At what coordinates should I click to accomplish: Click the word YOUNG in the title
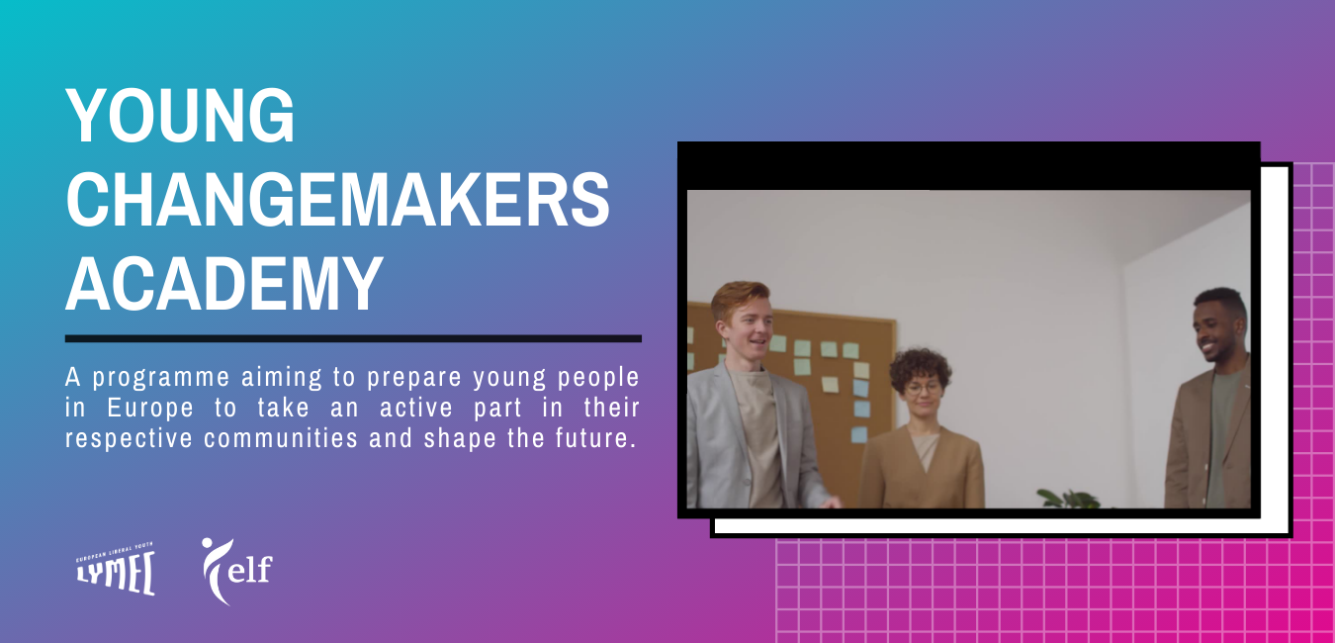180,115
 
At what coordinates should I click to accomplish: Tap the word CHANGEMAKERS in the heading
338,200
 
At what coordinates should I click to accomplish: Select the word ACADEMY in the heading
224,284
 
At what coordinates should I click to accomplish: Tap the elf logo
236,571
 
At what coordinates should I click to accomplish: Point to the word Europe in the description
150,409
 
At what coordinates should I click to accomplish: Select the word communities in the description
281,438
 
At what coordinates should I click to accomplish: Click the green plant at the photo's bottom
1070,499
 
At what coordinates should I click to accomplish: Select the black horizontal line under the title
353,338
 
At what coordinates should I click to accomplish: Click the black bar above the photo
969,166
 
